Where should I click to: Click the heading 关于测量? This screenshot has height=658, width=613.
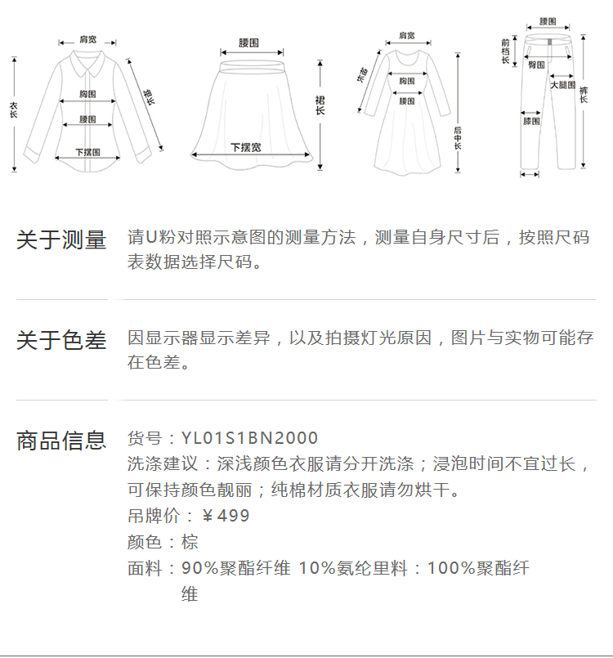(x=61, y=240)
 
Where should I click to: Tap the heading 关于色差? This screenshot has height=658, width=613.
(x=61, y=340)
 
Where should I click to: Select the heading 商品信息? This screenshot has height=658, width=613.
(x=61, y=441)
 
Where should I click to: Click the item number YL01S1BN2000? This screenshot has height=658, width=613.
(x=249, y=439)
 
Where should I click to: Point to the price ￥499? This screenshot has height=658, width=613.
(x=225, y=516)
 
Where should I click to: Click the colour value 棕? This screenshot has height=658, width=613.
(x=190, y=542)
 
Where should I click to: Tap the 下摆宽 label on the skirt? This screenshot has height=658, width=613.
(x=245, y=148)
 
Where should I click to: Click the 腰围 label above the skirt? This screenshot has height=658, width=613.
(x=249, y=43)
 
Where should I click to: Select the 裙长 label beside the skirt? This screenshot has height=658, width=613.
(x=320, y=105)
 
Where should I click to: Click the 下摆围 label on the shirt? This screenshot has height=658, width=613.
(x=87, y=152)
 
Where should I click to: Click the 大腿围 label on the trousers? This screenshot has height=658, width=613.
(x=562, y=85)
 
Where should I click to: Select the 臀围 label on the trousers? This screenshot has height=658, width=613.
(x=536, y=65)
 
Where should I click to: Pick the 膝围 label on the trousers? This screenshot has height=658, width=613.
(x=531, y=121)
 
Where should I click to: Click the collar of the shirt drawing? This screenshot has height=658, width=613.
(x=85, y=60)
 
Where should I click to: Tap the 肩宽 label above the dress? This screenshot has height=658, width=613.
(x=406, y=36)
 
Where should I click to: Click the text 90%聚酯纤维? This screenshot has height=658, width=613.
(x=235, y=568)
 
